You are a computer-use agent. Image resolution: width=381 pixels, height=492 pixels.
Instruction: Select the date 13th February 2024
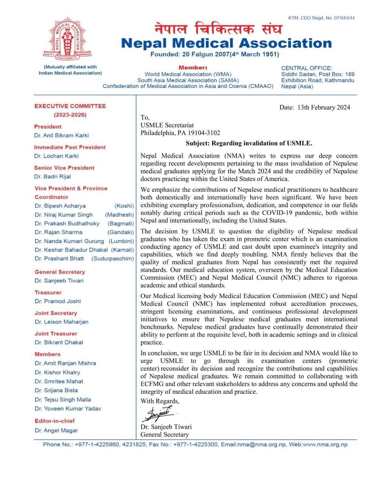click(x=323, y=107)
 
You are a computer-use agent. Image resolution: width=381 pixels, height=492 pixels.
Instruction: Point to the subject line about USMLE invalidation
click(x=249, y=143)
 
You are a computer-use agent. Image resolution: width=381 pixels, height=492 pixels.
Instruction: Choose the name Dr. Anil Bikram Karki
click(x=61, y=135)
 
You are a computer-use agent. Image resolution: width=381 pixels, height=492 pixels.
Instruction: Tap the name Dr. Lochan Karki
click(x=56, y=156)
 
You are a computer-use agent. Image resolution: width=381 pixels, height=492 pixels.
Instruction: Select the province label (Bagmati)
click(x=121, y=223)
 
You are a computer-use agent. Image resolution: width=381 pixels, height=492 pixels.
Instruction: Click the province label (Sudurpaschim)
click(x=113, y=258)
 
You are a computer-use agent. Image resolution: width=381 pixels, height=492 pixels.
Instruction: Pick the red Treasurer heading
click(x=48, y=292)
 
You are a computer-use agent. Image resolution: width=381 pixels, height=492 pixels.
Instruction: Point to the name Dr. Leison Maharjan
click(x=61, y=322)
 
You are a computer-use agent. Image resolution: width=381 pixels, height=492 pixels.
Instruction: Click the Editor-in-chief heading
click(x=55, y=421)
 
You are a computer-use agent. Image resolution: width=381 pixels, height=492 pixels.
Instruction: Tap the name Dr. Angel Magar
click(x=56, y=430)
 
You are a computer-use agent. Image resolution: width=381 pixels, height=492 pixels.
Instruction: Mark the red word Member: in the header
click(x=193, y=68)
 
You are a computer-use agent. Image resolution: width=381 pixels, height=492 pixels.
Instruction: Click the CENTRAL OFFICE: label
click(x=307, y=68)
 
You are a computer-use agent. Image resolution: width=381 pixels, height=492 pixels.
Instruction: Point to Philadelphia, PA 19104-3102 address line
click(x=180, y=133)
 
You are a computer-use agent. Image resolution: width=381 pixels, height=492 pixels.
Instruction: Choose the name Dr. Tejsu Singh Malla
click(x=63, y=399)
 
